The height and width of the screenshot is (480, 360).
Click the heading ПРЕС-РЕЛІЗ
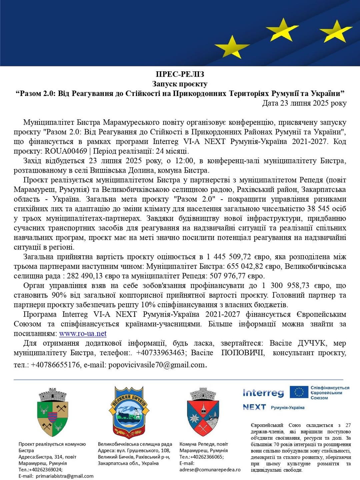[x=180, y=74]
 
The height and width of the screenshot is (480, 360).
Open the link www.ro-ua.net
[x=83, y=334]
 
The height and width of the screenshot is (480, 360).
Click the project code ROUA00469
[x=66, y=151]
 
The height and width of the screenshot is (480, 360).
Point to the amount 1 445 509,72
[x=229, y=257]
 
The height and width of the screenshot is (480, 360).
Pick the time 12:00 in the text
[x=184, y=161]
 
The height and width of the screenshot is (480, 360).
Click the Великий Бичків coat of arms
[x=129, y=412]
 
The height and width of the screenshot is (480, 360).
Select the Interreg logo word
[x=263, y=393]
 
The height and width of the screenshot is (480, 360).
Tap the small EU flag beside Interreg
[x=299, y=392]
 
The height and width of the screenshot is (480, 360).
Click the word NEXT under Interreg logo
[x=254, y=407]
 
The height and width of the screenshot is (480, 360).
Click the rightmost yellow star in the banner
[x=336, y=32]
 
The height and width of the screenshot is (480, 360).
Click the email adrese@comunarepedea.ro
[x=210, y=470]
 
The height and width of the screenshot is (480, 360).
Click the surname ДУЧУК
[x=312, y=343]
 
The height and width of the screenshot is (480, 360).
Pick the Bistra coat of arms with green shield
[x=53, y=412]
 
